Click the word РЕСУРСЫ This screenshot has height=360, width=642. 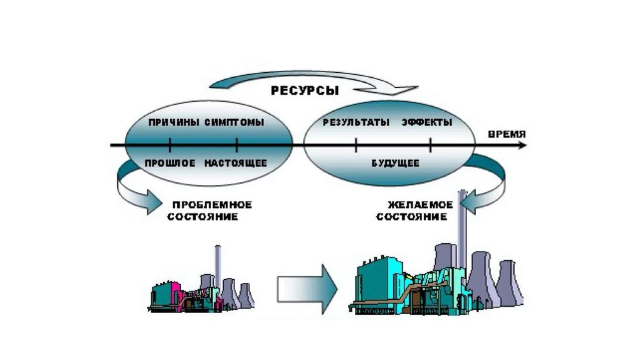[305, 91]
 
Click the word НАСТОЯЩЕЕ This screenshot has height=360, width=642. [236, 163]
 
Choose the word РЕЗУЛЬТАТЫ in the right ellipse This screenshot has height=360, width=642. [355, 122]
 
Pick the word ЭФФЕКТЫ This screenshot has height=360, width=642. [426, 122]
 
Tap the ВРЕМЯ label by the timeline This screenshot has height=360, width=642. [507, 134]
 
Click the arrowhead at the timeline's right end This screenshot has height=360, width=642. [523, 146]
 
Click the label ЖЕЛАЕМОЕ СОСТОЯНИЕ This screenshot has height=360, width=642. [417, 211]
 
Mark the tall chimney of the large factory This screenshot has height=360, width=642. [462, 226]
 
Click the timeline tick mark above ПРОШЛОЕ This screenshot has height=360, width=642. [171, 146]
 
